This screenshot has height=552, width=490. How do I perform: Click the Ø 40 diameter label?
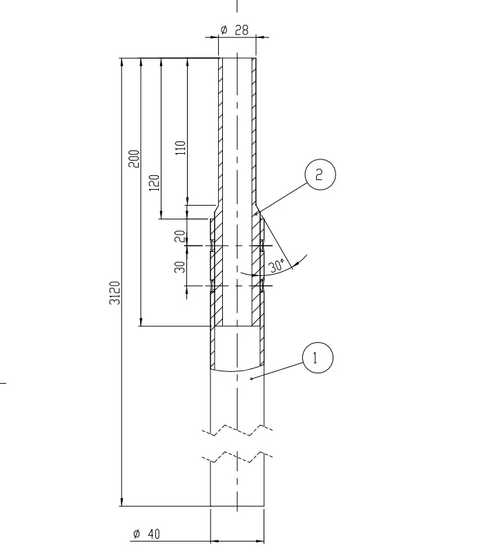pyautogui.click(x=146, y=534)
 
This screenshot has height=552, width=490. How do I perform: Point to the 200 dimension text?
pyautogui.click(x=134, y=159)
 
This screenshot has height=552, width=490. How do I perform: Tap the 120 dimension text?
pyautogui.click(x=155, y=182)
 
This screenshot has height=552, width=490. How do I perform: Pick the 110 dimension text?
pyautogui.click(x=180, y=148)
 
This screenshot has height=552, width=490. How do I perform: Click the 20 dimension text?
pyautogui.click(x=180, y=236)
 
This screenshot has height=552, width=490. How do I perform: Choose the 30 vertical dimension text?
pyautogui.click(x=180, y=266)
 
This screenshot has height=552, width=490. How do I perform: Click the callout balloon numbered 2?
pyautogui.click(x=318, y=175)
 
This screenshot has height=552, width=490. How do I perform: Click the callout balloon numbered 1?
pyautogui.click(x=317, y=357)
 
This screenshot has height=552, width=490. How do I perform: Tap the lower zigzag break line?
pyautogui.click(x=237, y=457)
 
